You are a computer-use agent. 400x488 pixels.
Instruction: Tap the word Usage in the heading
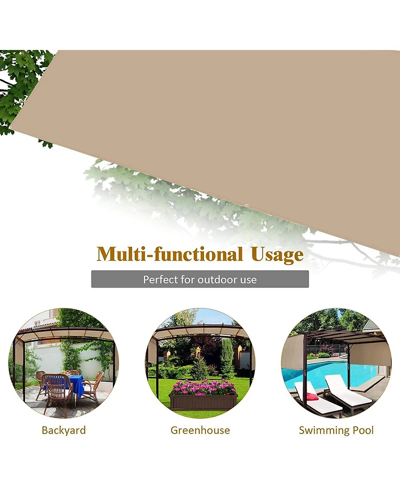(277, 255)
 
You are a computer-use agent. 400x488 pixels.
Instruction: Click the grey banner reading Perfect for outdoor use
(200, 279)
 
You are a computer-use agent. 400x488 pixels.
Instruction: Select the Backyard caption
(63, 430)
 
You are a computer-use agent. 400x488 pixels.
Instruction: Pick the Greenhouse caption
(200, 430)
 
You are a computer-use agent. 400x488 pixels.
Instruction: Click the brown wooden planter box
(203, 401)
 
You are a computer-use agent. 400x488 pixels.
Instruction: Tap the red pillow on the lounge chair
(312, 397)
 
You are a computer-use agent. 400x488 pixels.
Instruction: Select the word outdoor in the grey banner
(218, 279)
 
